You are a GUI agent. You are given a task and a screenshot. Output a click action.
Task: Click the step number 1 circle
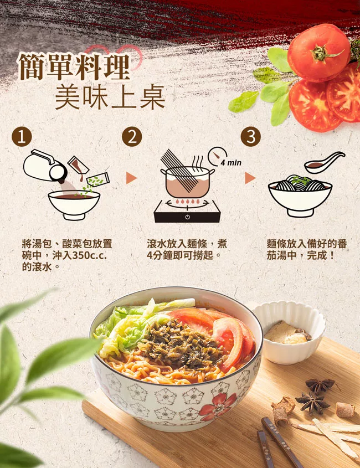tap(22, 137)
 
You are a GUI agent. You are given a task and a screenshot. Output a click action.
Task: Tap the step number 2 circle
tap(132, 137)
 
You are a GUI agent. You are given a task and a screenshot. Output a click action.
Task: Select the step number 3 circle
tap(251, 137)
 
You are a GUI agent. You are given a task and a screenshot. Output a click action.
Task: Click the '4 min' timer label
tap(231, 163)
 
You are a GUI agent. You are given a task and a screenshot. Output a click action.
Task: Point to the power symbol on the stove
tap(187, 217)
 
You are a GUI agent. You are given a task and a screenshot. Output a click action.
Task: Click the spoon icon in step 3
tap(324, 163)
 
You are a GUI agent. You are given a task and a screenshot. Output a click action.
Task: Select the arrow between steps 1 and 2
tap(131, 178)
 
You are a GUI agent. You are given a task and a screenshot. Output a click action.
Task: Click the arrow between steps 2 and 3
tap(250, 178)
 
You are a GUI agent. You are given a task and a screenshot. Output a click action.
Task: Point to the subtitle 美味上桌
tap(110, 97)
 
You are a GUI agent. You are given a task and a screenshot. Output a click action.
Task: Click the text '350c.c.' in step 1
tap(89, 256)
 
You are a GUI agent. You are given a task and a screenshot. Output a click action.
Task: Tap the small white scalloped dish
tap(289, 332)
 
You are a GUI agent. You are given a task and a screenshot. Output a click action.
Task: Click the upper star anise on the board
tap(320, 385)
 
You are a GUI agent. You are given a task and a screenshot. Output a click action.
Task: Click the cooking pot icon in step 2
tap(187, 181)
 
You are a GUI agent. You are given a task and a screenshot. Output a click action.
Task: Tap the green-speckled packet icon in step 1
tap(98, 179)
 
